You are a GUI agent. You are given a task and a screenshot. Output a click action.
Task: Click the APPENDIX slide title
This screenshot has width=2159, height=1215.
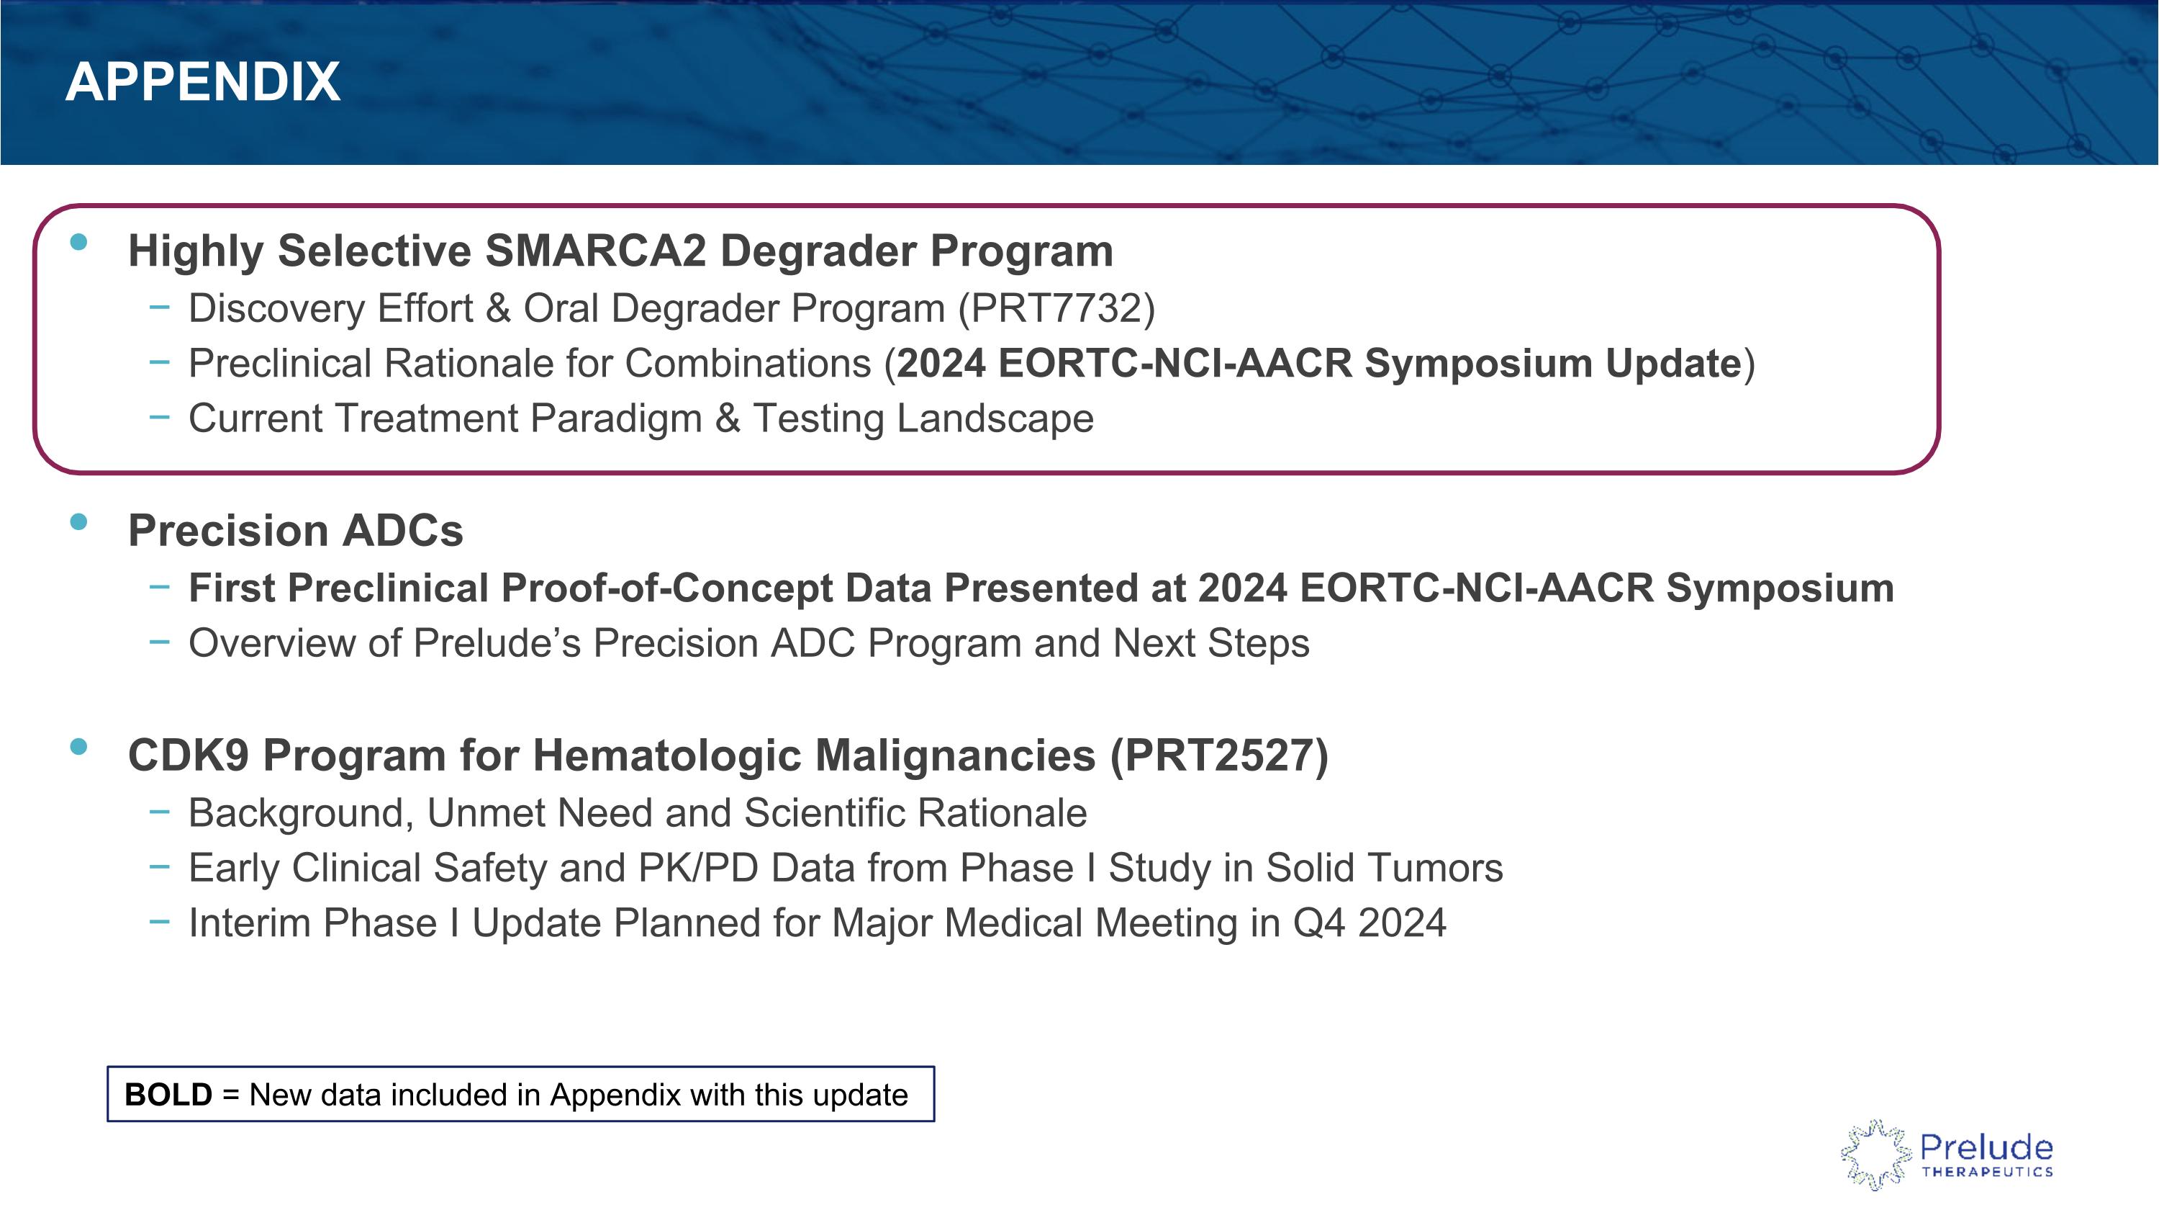tap(203, 82)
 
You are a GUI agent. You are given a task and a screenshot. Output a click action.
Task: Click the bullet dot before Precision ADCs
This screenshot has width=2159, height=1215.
tap(78, 522)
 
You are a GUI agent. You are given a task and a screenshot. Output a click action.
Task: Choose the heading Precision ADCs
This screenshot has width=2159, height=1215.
tap(295, 531)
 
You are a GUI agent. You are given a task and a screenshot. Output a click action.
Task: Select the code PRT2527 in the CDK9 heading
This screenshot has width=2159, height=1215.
tap(1218, 756)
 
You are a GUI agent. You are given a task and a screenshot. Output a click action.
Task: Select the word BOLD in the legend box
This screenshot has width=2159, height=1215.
tap(168, 1094)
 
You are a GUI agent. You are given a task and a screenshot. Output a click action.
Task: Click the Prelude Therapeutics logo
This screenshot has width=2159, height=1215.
tap(1946, 1155)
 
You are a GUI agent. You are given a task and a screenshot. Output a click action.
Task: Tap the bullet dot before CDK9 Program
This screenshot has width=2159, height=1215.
tap(78, 747)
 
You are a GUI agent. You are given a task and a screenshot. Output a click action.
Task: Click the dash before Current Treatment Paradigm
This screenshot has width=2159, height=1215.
tap(159, 417)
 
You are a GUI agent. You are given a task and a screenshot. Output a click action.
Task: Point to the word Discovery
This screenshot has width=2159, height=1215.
tap(276, 308)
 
